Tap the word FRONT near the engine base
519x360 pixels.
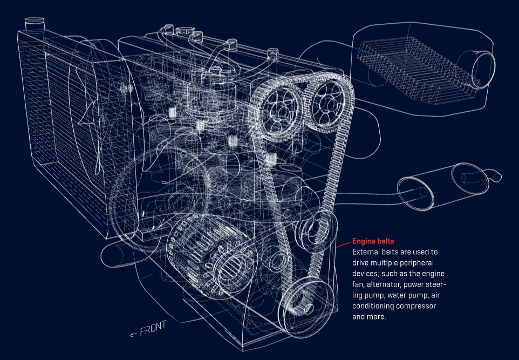tap(153, 328)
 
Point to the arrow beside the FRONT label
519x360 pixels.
tap(133, 335)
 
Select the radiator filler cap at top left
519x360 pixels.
tap(35, 25)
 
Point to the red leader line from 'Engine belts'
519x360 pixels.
tap(343, 244)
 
